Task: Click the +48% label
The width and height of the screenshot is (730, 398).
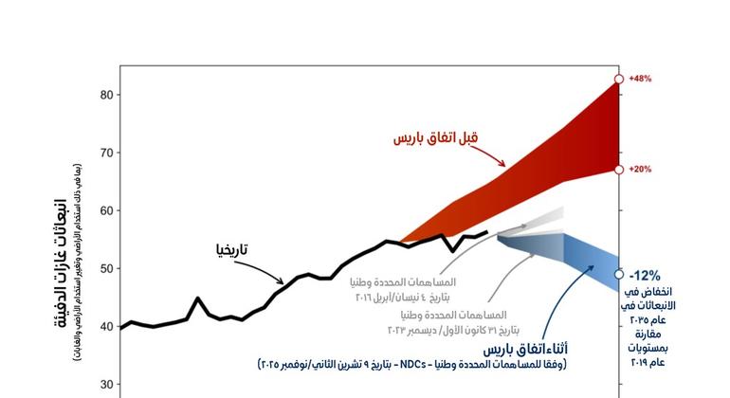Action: coord(640,80)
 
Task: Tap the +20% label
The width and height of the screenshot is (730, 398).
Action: coord(640,170)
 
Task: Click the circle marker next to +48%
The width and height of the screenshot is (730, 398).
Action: coord(619,80)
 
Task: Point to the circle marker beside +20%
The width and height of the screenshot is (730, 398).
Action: coord(619,170)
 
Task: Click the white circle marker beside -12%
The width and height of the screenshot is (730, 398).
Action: coord(619,274)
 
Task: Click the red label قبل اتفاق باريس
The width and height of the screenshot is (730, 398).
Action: coord(436,137)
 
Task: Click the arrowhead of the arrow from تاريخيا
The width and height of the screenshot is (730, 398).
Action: coord(282,281)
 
